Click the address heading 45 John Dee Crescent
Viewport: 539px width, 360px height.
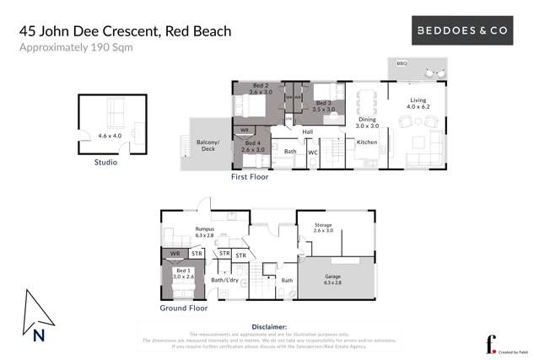126,32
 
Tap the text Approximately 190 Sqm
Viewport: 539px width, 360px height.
76,48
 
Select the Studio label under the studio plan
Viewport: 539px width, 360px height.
106,162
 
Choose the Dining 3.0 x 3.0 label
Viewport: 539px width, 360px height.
367,122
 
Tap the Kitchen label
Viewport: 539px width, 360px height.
367,142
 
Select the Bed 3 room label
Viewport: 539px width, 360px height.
324,105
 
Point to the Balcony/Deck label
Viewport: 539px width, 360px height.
208,146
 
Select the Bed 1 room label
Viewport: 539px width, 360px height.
184,273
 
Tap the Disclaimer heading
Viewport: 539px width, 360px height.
270,325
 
